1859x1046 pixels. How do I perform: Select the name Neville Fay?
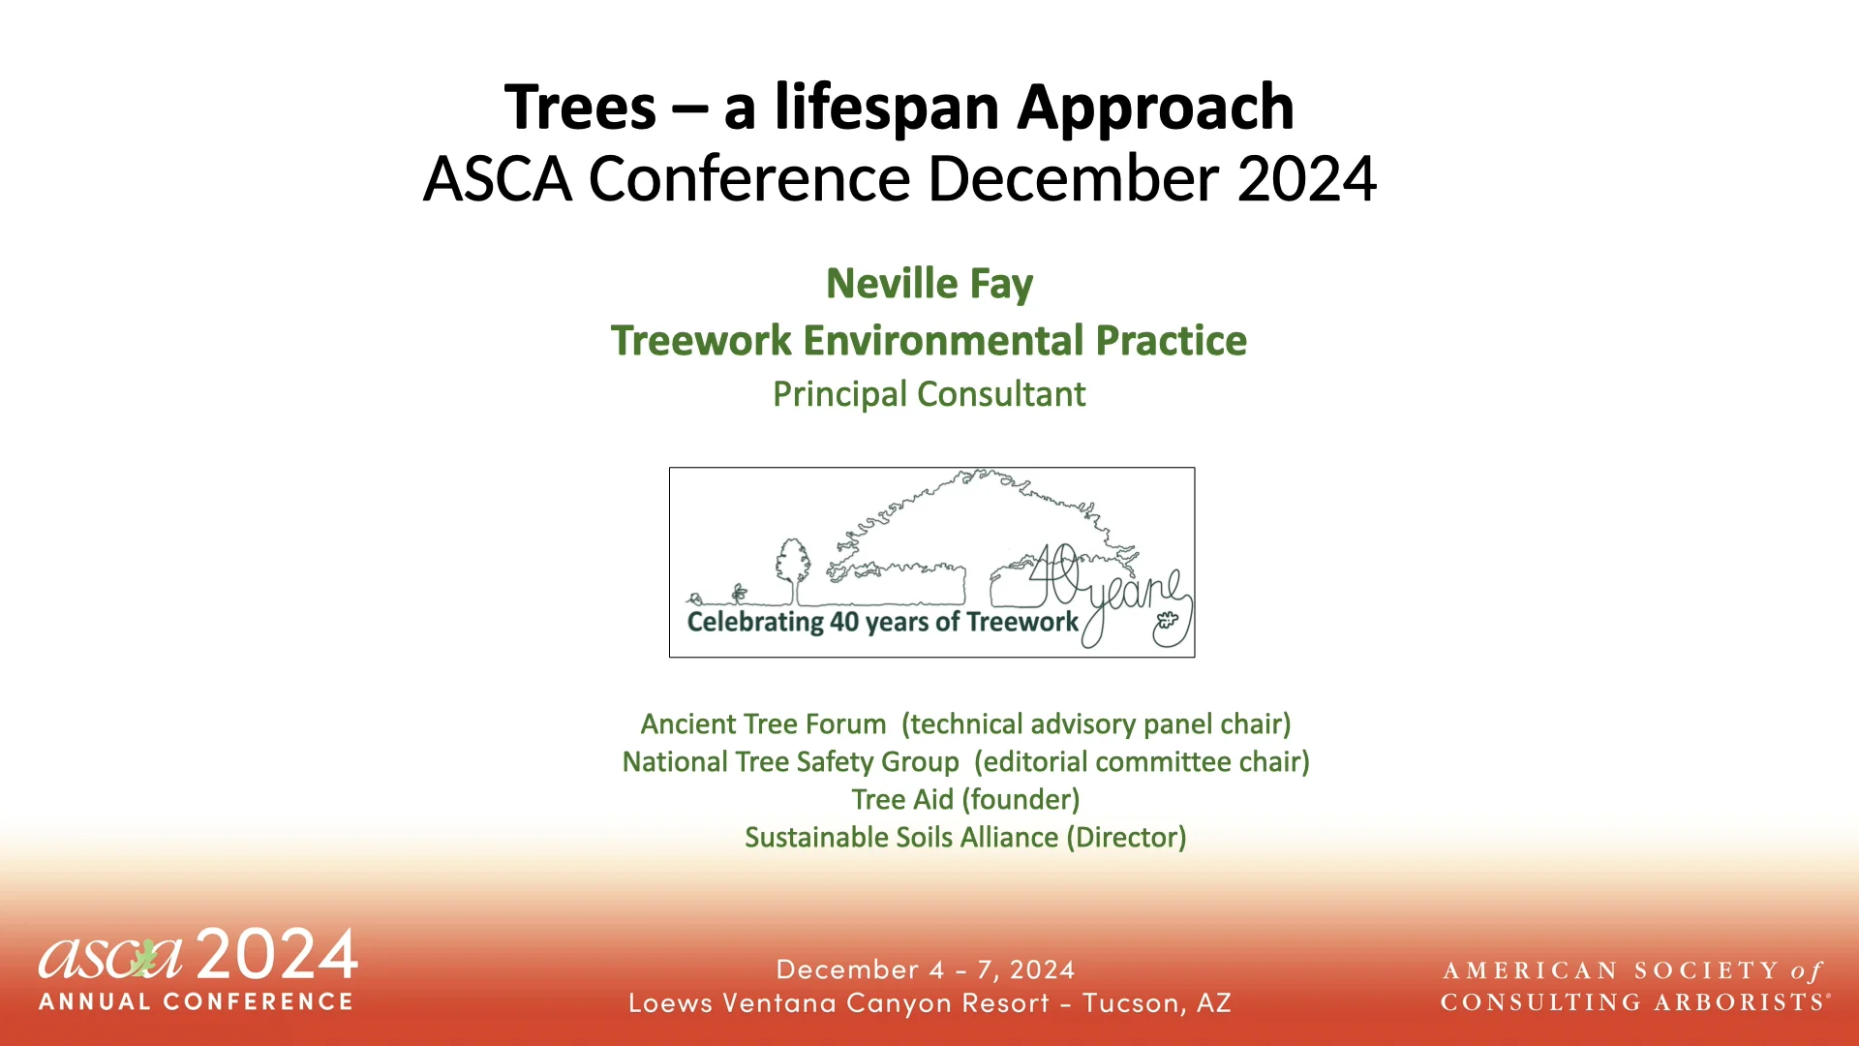(929, 284)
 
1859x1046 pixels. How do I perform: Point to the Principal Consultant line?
(929, 394)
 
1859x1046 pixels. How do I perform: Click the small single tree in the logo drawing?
(793, 569)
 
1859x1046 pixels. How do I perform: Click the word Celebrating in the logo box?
(754, 622)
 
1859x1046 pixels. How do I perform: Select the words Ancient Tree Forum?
(763, 724)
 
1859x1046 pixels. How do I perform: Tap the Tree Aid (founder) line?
(965, 800)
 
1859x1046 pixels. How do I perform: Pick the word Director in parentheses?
(1126, 838)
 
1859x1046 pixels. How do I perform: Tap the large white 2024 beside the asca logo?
(277, 955)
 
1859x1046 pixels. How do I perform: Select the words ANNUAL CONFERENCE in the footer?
(197, 1001)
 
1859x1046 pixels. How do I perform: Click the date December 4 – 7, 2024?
(926, 969)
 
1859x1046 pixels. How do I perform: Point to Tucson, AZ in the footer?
(1156, 1003)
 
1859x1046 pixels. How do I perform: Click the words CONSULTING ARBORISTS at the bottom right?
(1631, 1002)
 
